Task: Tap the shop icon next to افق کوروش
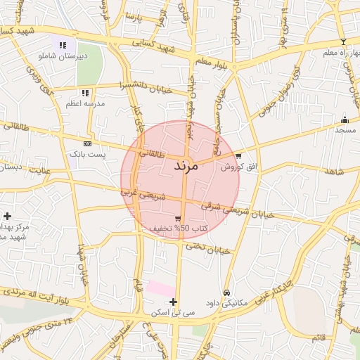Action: pos(238,156)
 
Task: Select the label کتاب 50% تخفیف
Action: pos(178,229)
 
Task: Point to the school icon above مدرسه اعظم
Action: pos(85,93)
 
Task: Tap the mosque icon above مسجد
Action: pos(345,120)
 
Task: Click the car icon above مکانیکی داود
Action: pos(226,292)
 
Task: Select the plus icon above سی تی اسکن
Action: pos(173,302)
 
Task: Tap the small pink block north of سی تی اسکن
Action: pos(161,288)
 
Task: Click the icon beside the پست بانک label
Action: pos(87,143)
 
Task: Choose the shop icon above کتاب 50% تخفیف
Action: pos(177,219)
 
